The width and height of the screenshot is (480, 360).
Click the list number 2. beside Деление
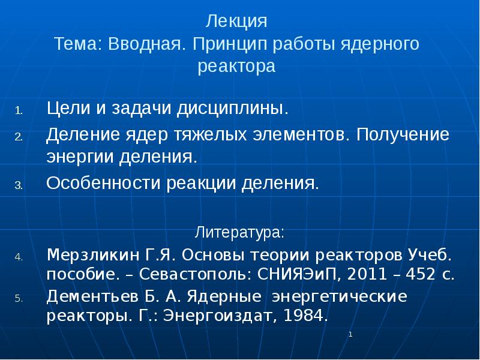pyautogui.click(x=19, y=136)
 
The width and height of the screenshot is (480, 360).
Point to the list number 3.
pyautogui.click(x=19, y=185)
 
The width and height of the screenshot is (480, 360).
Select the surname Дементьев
pyautogui.click(x=93, y=296)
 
